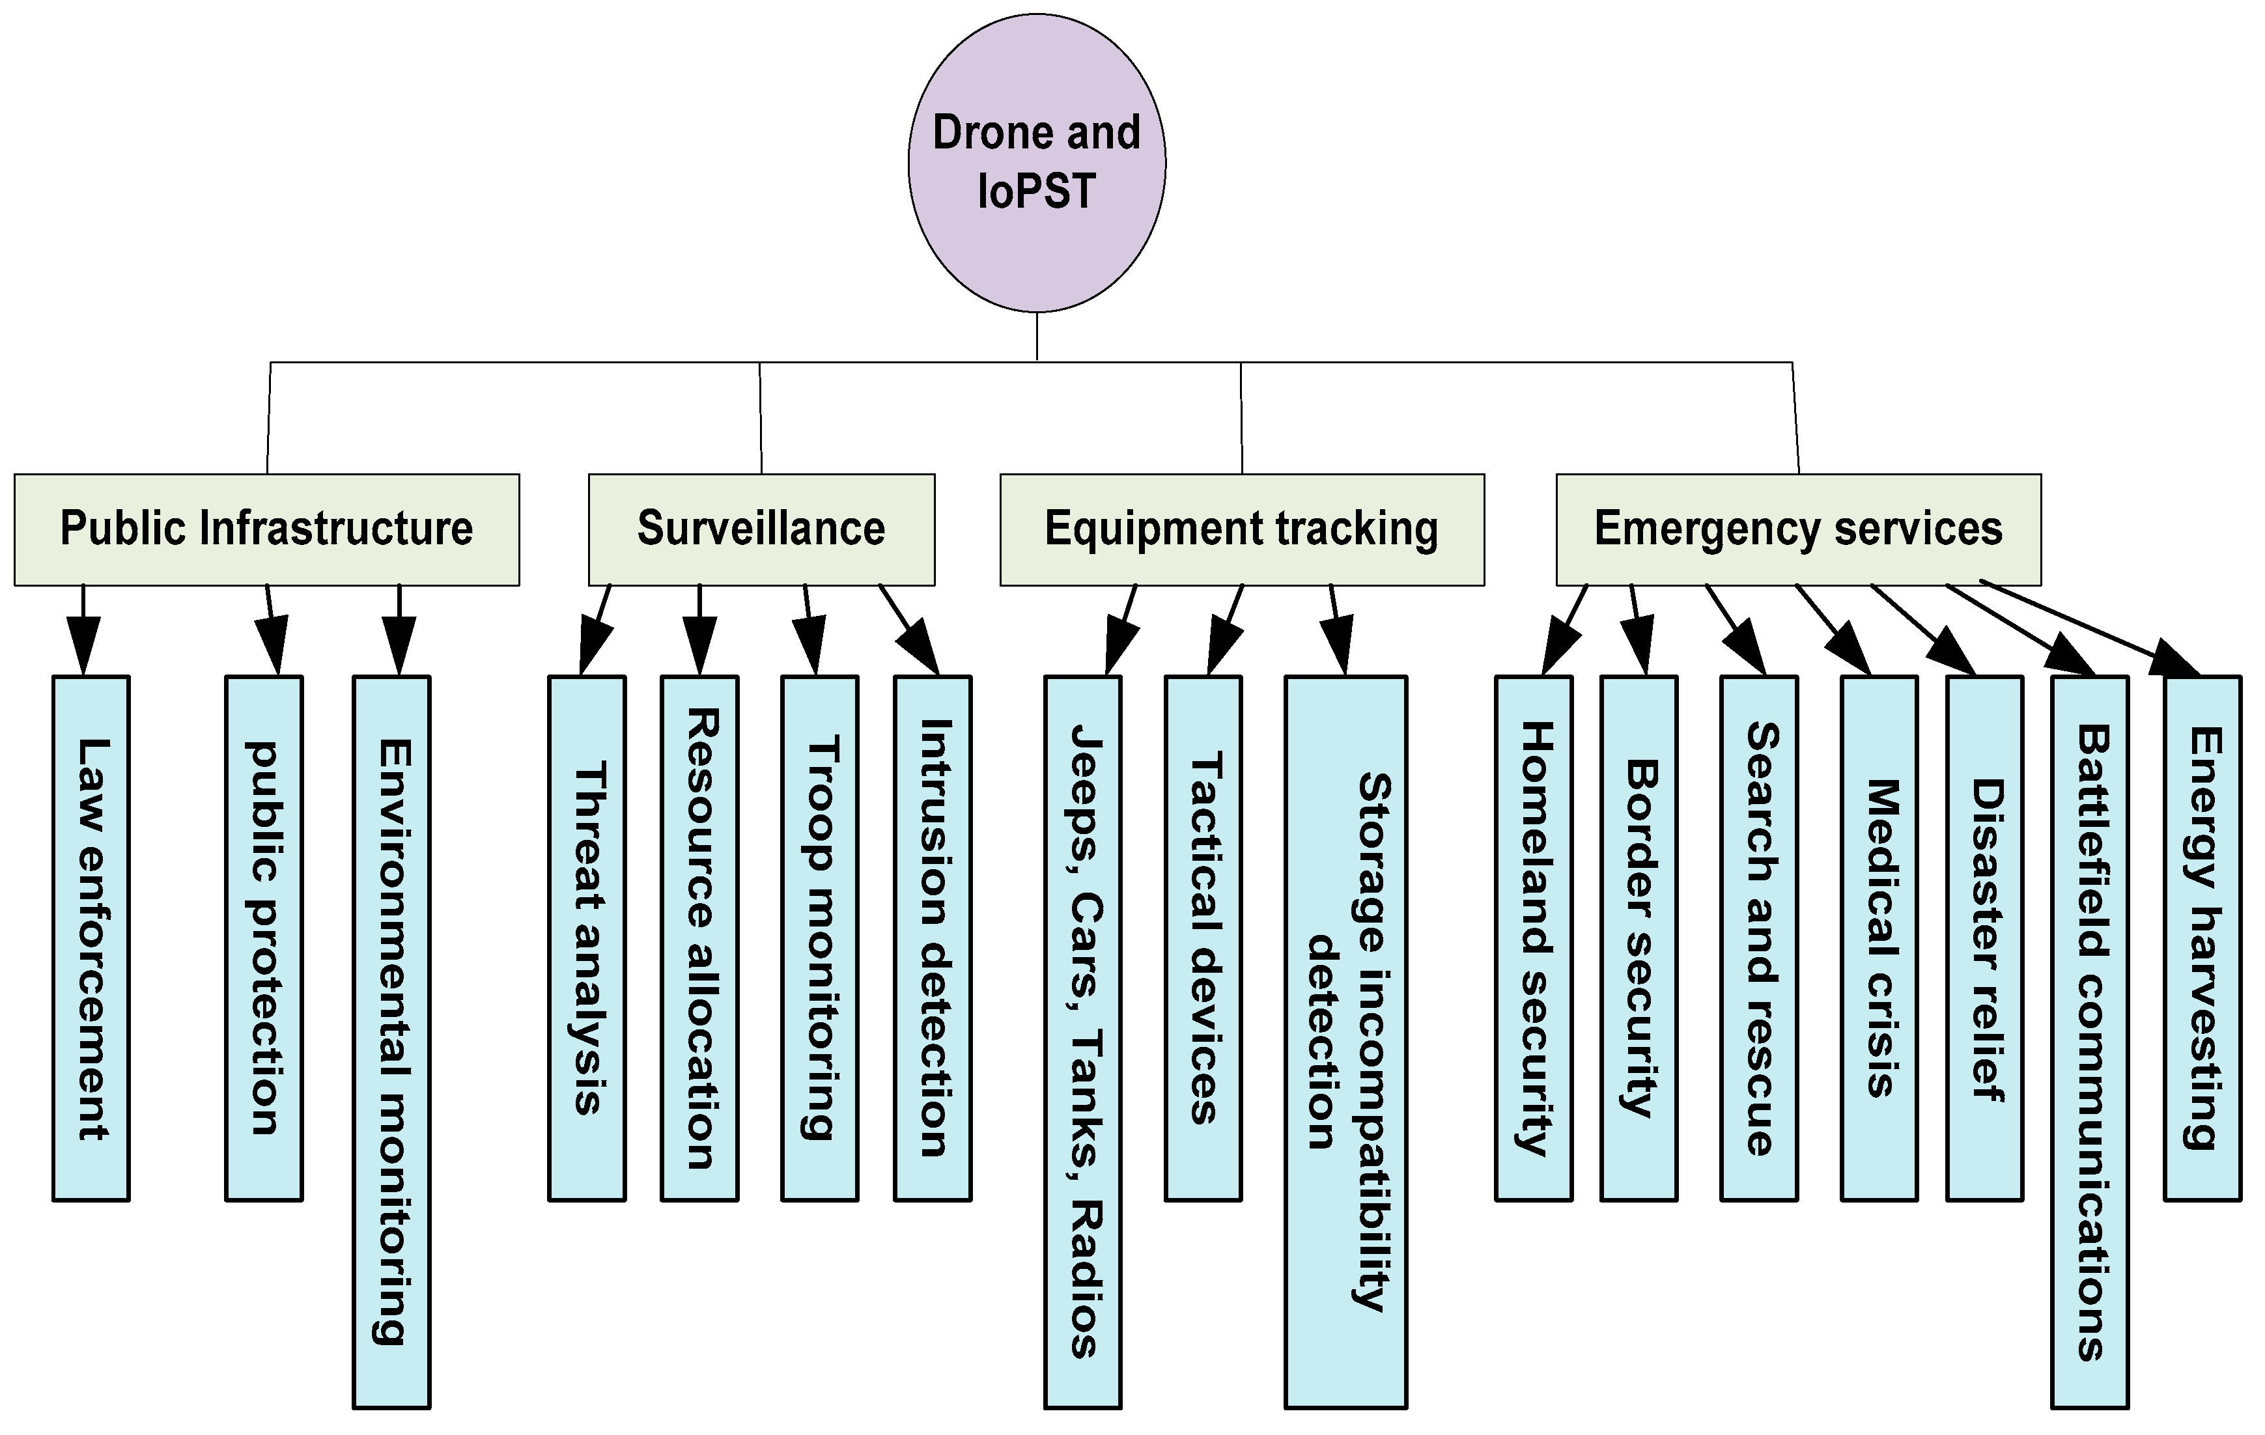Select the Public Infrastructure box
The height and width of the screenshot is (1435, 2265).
tap(266, 529)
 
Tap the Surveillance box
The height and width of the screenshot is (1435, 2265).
tap(761, 529)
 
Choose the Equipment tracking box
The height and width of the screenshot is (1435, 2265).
tap(1242, 529)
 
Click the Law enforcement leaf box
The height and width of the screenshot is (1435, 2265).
tap(91, 938)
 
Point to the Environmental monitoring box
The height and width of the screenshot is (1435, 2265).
tap(391, 1041)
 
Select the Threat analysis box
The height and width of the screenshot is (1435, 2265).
tap(587, 938)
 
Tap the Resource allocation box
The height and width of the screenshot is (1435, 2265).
tap(699, 938)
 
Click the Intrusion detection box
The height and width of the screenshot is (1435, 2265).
tap(932, 938)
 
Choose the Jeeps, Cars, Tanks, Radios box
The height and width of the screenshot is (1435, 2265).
tap(1082, 1041)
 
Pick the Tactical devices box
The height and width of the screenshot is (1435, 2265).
tap(1203, 938)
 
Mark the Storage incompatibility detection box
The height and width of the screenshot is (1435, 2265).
tap(1345, 1041)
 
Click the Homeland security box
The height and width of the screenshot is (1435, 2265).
tap(1533, 938)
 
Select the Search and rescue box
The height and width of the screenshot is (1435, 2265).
tap(1759, 938)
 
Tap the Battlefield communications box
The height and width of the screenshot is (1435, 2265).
tap(2089, 1041)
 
